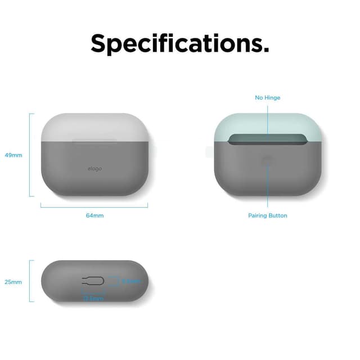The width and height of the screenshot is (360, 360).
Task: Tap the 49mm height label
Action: click(13, 155)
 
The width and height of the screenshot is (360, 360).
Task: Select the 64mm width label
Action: click(94, 215)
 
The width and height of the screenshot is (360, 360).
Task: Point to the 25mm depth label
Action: click(13, 282)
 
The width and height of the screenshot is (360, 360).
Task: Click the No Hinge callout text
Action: click(267, 98)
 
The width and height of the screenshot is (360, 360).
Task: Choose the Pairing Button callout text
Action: click(267, 215)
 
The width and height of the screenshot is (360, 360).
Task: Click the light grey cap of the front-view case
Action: click(94, 125)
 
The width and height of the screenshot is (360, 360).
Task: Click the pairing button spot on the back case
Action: click(267, 161)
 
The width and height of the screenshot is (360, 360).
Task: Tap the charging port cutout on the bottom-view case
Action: click(92, 281)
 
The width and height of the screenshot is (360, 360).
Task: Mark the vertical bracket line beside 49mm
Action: click(30, 155)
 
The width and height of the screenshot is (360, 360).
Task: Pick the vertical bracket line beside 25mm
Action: click(30, 281)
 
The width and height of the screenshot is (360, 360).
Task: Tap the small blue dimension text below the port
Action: click(93, 298)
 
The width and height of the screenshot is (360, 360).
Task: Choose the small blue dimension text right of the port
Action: click(130, 281)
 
